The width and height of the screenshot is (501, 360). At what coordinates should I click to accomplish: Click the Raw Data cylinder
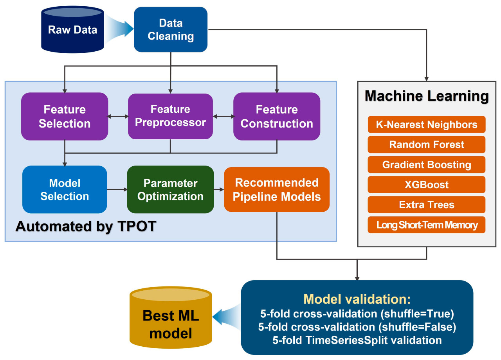pyautogui.click(x=72, y=29)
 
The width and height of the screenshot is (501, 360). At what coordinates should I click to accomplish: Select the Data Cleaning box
pyautogui.click(x=171, y=29)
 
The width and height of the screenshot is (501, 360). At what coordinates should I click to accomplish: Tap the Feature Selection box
pyautogui.click(x=65, y=116)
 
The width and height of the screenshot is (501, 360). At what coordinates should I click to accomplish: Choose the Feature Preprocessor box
pyautogui.click(x=170, y=116)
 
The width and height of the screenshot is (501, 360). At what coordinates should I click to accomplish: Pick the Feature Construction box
pyautogui.click(x=277, y=116)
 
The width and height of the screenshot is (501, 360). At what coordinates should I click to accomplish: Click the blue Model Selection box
pyautogui.click(x=65, y=189)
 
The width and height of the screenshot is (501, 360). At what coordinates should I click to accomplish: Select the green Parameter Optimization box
pyautogui.click(x=170, y=189)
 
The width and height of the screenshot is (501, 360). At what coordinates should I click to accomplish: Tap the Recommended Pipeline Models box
pyautogui.click(x=277, y=189)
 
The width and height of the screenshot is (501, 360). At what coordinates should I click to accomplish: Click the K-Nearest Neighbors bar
pyautogui.click(x=427, y=124)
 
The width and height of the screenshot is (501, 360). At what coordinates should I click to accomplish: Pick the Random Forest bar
pyautogui.click(x=427, y=144)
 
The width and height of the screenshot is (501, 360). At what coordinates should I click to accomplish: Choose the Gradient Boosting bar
pyautogui.click(x=427, y=165)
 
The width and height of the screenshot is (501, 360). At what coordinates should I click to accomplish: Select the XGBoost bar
pyautogui.click(x=427, y=185)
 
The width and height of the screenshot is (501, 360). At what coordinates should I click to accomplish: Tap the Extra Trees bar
pyautogui.click(x=427, y=205)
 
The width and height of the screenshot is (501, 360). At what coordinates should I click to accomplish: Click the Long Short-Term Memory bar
pyautogui.click(x=427, y=225)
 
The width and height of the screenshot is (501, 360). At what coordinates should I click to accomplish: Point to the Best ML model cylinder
pyautogui.click(x=171, y=317)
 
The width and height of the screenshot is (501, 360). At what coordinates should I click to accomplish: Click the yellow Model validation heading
pyautogui.click(x=357, y=299)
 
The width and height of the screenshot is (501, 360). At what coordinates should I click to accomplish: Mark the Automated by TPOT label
pyautogui.click(x=86, y=226)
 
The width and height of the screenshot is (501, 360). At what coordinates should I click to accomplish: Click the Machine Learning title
pyautogui.click(x=427, y=96)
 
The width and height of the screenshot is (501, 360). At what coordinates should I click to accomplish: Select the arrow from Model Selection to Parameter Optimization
pyautogui.click(x=117, y=190)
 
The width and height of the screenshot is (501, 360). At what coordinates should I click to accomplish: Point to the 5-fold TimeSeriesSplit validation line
pyautogui.click(x=357, y=340)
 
